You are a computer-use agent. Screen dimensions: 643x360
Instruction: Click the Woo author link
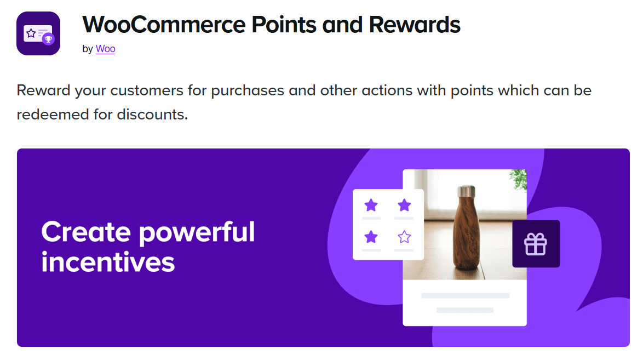click(105, 49)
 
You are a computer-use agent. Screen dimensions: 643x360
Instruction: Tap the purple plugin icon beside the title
click(38, 33)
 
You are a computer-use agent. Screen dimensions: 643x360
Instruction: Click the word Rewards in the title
click(415, 25)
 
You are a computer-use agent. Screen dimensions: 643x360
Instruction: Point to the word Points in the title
click(284, 25)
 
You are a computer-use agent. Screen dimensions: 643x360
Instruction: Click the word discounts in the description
click(152, 115)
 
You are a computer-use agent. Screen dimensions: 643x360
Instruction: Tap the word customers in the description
click(146, 91)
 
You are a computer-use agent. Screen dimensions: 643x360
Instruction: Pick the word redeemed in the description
click(53, 115)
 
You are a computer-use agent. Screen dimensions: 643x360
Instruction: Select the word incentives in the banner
click(108, 262)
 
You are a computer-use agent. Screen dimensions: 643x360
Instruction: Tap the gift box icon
click(536, 244)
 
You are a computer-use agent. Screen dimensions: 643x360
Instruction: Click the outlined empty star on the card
click(404, 237)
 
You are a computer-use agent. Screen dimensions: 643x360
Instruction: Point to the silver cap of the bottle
click(466, 191)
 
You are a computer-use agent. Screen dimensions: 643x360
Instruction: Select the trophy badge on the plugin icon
click(48, 39)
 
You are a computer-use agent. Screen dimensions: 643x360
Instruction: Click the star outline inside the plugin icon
click(31, 33)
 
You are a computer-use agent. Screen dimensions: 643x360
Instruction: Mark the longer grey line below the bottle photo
click(465, 295)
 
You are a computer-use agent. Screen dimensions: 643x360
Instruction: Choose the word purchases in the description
click(247, 91)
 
